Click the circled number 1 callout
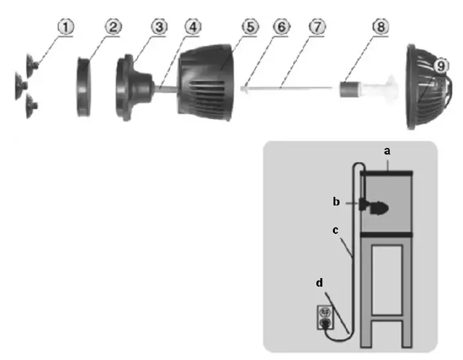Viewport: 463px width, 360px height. coord(66,27)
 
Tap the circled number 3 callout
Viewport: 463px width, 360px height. coord(159,27)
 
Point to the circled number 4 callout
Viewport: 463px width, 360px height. coord(192,27)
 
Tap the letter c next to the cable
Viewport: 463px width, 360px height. coord(337,231)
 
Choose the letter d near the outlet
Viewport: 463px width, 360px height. coord(320,283)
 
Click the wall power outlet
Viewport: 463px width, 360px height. coord(325,316)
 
